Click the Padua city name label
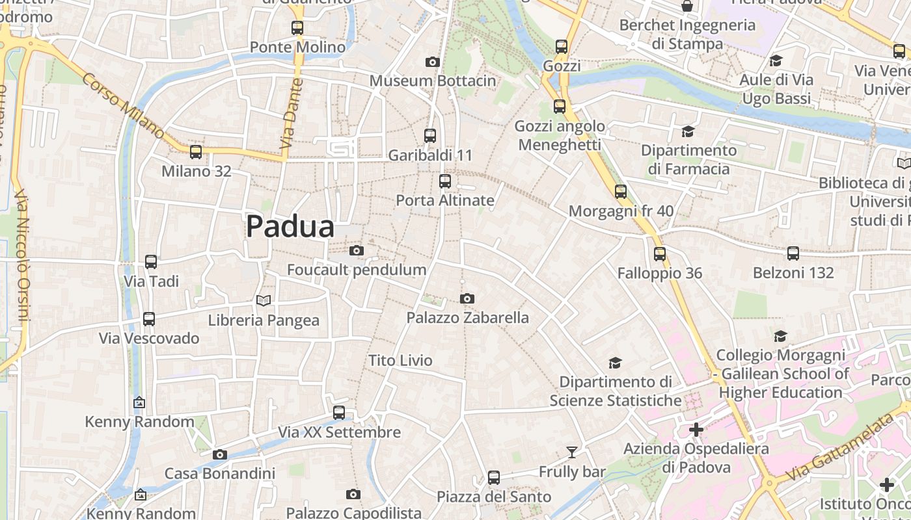click(290, 227)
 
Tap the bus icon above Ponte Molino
click(297, 28)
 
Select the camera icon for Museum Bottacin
click(433, 62)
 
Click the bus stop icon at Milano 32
click(195, 152)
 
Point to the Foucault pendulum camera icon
click(356, 251)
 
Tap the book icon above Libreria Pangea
click(263, 300)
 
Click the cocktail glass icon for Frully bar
click(572, 452)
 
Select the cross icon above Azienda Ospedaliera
click(696, 430)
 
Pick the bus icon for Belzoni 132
click(793, 253)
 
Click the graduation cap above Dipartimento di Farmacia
click(688, 132)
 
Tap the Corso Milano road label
click(123, 105)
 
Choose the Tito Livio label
click(400, 360)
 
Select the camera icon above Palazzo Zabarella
click(467, 299)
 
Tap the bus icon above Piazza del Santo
click(494, 478)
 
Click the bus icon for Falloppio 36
click(660, 254)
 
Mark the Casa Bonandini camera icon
click(220, 454)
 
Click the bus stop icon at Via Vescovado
click(149, 319)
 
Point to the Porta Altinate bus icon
click(445, 181)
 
